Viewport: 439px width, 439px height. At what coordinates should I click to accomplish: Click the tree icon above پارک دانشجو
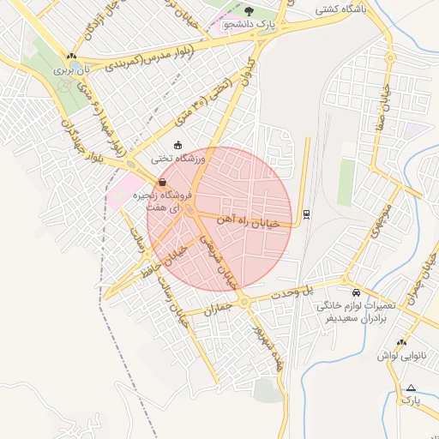(x=249, y=11)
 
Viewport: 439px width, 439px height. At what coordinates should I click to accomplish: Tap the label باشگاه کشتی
(x=339, y=10)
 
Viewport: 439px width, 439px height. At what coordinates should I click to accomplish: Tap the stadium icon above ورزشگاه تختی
(x=178, y=145)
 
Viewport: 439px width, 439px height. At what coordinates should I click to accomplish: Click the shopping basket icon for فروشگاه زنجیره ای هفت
(x=162, y=182)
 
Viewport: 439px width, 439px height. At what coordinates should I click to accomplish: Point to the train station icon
(x=307, y=213)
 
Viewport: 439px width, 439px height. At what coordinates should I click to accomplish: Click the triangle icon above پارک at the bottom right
(x=412, y=387)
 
